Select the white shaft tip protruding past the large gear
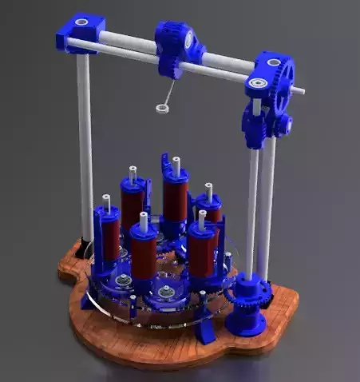click(x=298, y=91)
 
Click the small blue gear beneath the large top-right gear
click(x=280, y=125)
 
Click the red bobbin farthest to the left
click(x=110, y=235)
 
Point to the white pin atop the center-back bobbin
click(x=176, y=165)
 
